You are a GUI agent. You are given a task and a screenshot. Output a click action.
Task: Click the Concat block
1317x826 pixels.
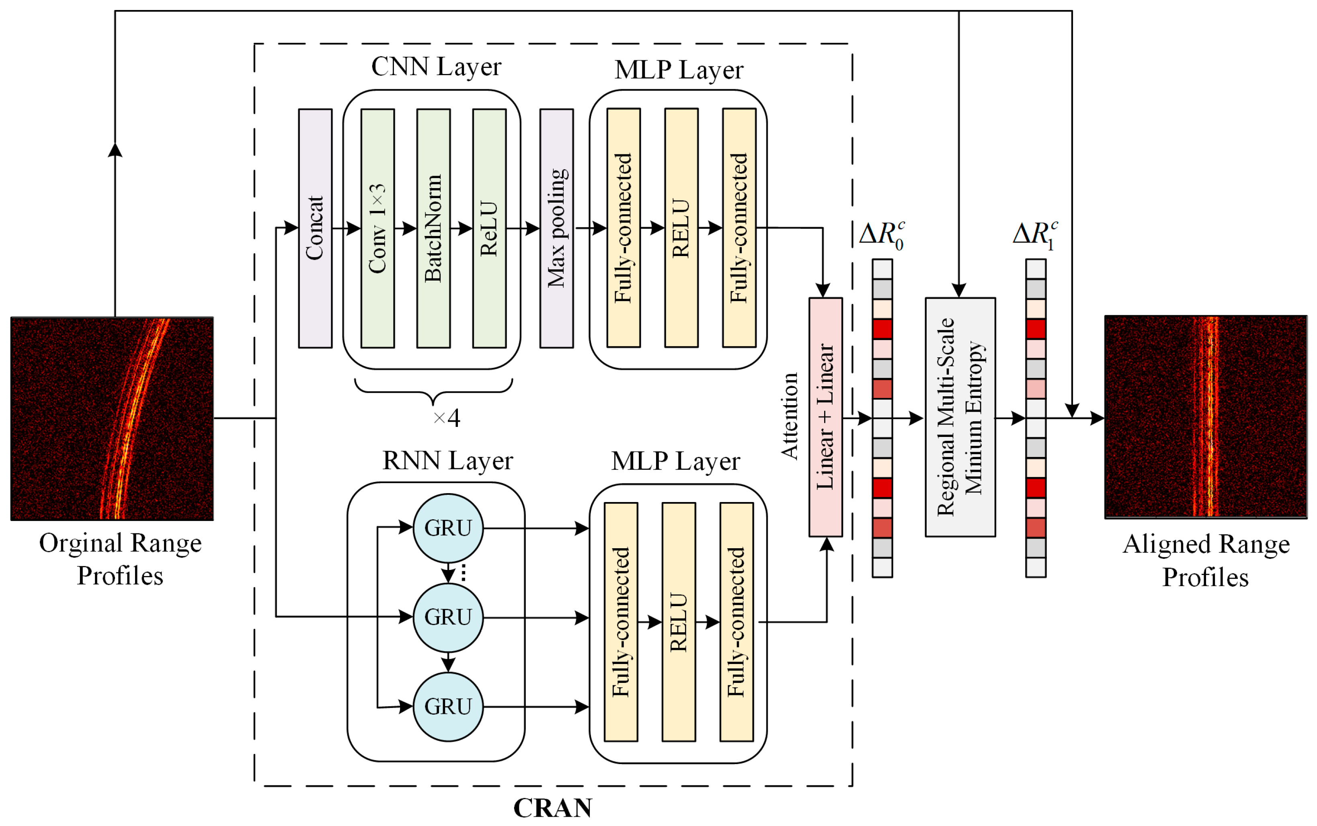[315, 228]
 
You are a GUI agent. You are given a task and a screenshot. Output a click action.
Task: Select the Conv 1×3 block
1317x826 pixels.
[377, 228]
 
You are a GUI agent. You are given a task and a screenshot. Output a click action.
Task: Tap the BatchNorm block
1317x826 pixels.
[433, 228]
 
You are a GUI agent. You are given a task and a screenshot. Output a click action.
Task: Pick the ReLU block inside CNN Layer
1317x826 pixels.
[489, 228]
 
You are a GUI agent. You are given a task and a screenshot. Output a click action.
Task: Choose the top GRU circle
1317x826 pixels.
[447, 528]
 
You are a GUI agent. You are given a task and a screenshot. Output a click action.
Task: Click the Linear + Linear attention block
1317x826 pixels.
[825, 417]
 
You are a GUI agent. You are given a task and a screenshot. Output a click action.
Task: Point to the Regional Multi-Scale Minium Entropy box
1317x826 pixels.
[960, 417]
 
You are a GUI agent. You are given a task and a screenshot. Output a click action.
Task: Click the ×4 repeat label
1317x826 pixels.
[446, 418]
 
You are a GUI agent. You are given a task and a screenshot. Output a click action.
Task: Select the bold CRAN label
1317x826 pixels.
[552, 808]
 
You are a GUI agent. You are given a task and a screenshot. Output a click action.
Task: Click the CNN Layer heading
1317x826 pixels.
[436, 67]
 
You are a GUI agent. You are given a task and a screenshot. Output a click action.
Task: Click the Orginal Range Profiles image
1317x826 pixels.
[112, 418]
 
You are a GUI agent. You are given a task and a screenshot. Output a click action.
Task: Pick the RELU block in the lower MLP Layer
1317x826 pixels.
[679, 622]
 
